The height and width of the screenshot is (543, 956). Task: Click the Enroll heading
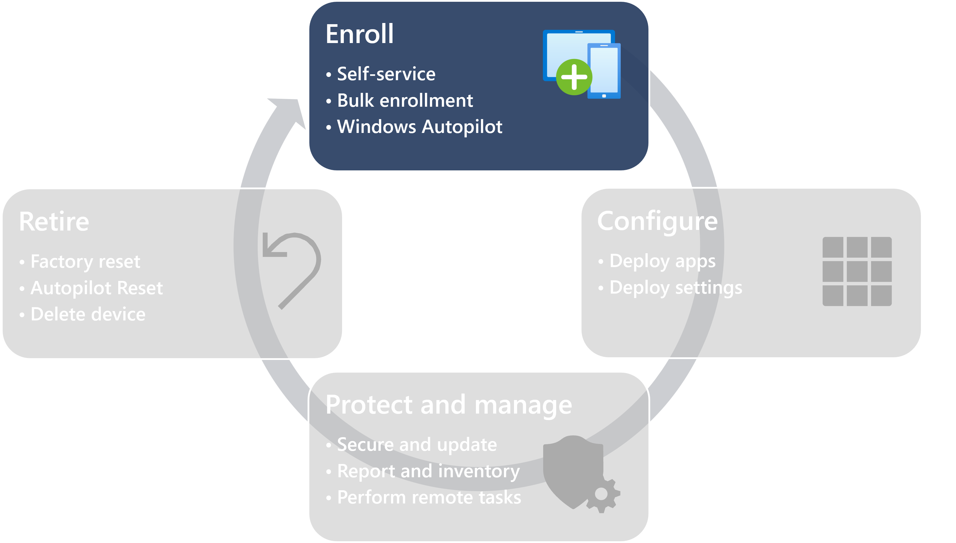coord(359,34)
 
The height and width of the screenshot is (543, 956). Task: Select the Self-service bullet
coord(386,74)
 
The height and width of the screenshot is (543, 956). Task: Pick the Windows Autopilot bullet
coord(420,127)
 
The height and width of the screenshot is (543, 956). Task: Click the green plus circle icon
coord(574,77)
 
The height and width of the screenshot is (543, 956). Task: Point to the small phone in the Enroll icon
coord(604,71)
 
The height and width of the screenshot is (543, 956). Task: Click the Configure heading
coord(657,221)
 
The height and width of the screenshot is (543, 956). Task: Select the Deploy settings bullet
coord(676,287)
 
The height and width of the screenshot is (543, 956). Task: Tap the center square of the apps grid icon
coord(857,271)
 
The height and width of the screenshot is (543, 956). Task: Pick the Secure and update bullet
coord(417,445)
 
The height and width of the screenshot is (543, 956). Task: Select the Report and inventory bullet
coord(428,471)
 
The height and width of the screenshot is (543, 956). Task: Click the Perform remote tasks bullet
coord(429,498)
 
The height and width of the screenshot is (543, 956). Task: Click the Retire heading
coord(54,222)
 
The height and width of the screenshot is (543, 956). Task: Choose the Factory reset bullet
coord(85,261)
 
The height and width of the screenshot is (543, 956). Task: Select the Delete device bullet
coord(88,314)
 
